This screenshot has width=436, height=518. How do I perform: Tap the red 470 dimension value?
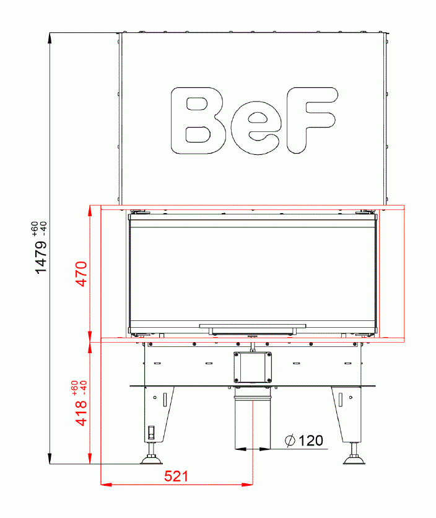pos(81,274)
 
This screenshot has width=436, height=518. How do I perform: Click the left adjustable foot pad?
pos(150,459)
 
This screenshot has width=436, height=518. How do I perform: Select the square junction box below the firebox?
pos(253,367)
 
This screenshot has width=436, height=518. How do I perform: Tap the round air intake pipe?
pos(253,418)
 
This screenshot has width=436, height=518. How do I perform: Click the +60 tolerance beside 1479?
pos(34,227)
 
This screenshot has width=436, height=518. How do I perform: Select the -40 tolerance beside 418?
pos(82,390)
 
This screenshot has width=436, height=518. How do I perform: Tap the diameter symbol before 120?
pos(290,441)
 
